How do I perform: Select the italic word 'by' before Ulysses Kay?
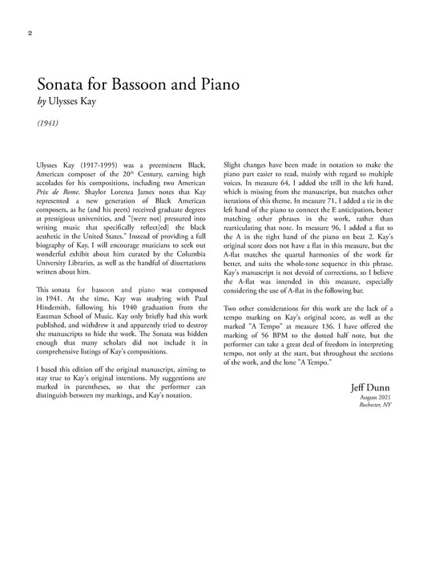(42, 103)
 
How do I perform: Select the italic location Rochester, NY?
(374, 406)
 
